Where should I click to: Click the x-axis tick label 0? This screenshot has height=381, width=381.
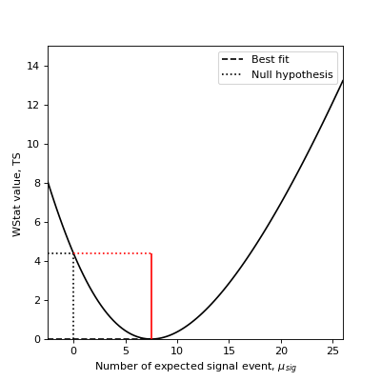73,350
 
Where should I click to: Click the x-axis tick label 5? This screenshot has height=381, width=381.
126,350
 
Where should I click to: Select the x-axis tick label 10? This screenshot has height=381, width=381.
177,350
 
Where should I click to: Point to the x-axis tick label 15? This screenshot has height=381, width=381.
230,350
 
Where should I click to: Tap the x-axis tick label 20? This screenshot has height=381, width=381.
282,350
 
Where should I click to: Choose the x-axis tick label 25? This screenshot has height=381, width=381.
333,350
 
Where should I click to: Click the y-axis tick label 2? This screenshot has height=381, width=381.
37,300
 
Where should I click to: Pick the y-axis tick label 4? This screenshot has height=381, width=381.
37,261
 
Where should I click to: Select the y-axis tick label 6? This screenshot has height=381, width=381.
37,222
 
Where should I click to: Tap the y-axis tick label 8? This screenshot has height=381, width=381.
37,183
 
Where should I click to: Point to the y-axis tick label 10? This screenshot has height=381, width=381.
34,144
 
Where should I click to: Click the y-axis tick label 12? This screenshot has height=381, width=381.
34,105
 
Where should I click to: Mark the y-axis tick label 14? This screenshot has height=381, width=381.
34,66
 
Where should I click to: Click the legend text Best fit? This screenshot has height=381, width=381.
271,60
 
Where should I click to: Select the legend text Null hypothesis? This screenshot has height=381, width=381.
291,75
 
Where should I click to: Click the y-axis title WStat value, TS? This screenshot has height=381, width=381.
17,192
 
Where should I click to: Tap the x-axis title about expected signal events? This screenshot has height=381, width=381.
195,367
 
